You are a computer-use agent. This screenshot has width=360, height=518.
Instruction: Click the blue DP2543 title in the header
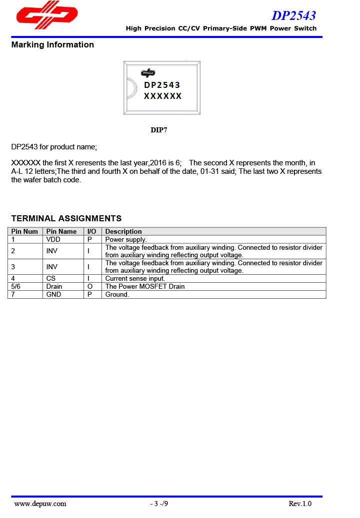pos(293,15)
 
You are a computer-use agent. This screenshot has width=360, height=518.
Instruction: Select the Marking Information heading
pos(52,45)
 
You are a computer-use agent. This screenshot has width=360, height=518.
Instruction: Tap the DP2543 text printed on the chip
pos(162,85)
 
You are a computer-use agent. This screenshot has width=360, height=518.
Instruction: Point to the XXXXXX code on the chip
pos(162,96)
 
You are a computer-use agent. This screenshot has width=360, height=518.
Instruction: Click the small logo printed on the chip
pos(148,73)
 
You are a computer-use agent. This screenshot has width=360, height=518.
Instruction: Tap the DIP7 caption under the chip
pos(159,130)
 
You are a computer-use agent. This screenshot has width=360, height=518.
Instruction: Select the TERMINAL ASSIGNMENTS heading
pos(66,218)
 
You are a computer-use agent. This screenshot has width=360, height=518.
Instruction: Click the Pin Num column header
pos(24,232)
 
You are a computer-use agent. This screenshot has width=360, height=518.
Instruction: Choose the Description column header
pos(123,232)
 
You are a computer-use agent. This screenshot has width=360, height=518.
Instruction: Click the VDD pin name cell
pos(53,240)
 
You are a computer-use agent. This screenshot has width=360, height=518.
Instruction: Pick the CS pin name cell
pos(51,278)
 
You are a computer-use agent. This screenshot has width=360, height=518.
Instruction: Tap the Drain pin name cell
pos(54,286)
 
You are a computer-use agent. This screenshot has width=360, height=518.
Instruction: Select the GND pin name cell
pos(53,294)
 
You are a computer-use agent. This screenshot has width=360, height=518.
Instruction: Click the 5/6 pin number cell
pos(16,286)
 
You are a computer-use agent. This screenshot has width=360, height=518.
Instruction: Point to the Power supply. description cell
pos(126,240)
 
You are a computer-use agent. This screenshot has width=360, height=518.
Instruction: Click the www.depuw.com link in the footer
pos(40,504)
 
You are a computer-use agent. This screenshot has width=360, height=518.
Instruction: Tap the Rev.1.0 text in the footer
pos(300,504)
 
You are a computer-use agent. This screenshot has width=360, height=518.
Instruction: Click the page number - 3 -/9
pos(159,504)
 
